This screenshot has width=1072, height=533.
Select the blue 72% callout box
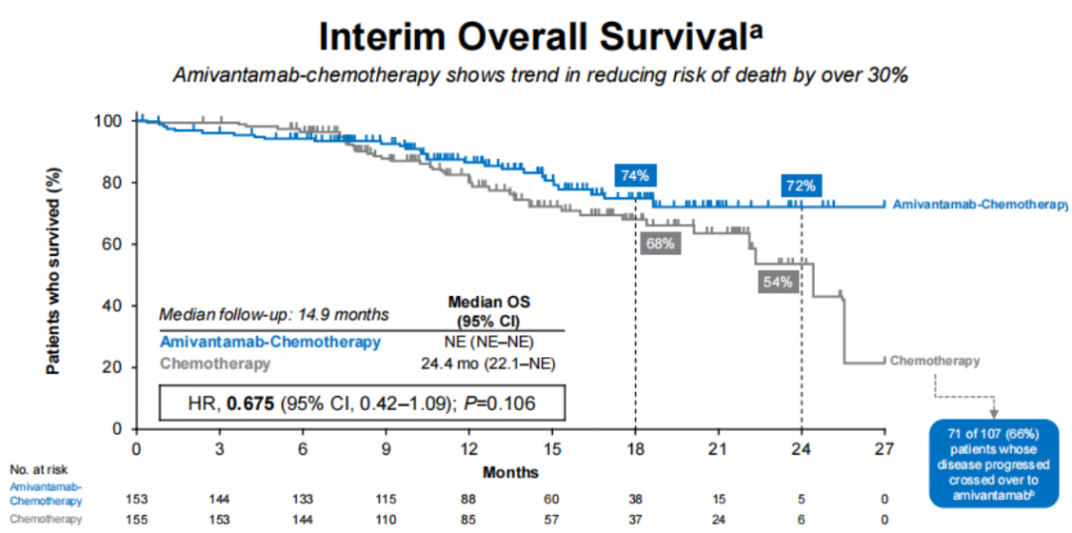[x=801, y=185]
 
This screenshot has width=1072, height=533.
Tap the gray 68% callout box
[x=659, y=243]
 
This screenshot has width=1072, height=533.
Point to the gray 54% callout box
[x=778, y=282]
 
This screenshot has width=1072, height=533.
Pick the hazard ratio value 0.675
[x=253, y=403]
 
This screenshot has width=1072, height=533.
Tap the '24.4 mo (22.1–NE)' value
[x=487, y=363]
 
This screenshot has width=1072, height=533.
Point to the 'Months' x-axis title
[x=511, y=472]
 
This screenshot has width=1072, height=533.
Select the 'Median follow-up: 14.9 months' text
[x=275, y=315]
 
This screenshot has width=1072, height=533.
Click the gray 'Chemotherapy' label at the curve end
[x=935, y=360]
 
